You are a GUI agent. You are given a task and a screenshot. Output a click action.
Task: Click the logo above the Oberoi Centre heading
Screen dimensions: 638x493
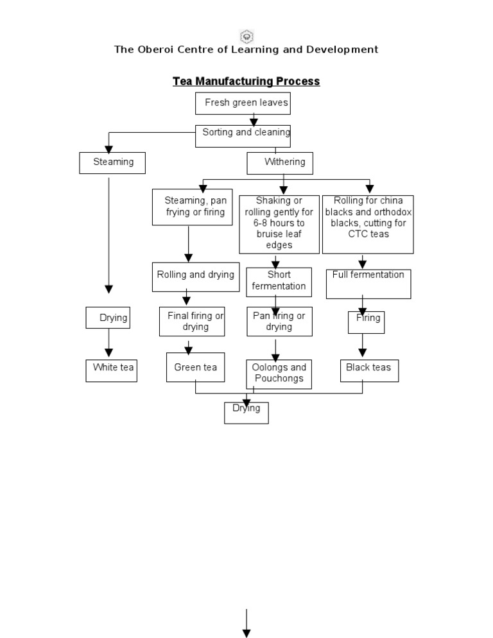click(x=246, y=36)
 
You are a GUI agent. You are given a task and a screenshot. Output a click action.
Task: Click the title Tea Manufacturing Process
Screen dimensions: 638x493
click(x=246, y=82)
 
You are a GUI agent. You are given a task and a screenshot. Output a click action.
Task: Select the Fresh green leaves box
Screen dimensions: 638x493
click(x=247, y=103)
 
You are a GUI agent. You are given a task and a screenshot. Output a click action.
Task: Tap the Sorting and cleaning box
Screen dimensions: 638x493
click(x=243, y=135)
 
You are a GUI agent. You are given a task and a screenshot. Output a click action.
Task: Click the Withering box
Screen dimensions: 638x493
click(x=280, y=163)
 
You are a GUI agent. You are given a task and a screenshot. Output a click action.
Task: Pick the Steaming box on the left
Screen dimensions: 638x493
click(x=112, y=162)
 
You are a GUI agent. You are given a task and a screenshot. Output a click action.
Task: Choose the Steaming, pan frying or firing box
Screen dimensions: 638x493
click(x=192, y=207)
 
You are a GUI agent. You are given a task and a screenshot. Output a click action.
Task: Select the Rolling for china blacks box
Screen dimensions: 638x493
click(x=368, y=224)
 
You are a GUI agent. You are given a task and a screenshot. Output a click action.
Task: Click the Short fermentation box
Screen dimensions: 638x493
click(x=279, y=282)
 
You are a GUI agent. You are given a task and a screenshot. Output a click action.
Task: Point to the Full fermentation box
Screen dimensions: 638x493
click(x=368, y=283)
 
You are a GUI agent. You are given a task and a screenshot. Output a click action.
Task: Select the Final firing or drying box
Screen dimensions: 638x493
click(x=192, y=322)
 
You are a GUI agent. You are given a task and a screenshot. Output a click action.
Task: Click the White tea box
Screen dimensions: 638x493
click(x=111, y=370)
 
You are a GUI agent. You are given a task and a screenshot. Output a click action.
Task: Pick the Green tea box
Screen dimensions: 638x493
click(x=195, y=367)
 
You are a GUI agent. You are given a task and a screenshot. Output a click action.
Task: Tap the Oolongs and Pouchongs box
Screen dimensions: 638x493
click(x=279, y=374)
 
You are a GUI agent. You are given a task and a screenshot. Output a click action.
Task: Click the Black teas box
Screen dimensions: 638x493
click(x=369, y=370)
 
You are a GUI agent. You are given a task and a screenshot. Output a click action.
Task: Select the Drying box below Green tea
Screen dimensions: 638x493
click(x=246, y=413)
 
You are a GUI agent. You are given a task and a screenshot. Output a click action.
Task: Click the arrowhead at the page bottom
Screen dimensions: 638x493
click(x=246, y=633)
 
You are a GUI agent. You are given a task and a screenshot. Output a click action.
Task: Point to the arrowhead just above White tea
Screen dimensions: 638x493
click(x=108, y=352)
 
